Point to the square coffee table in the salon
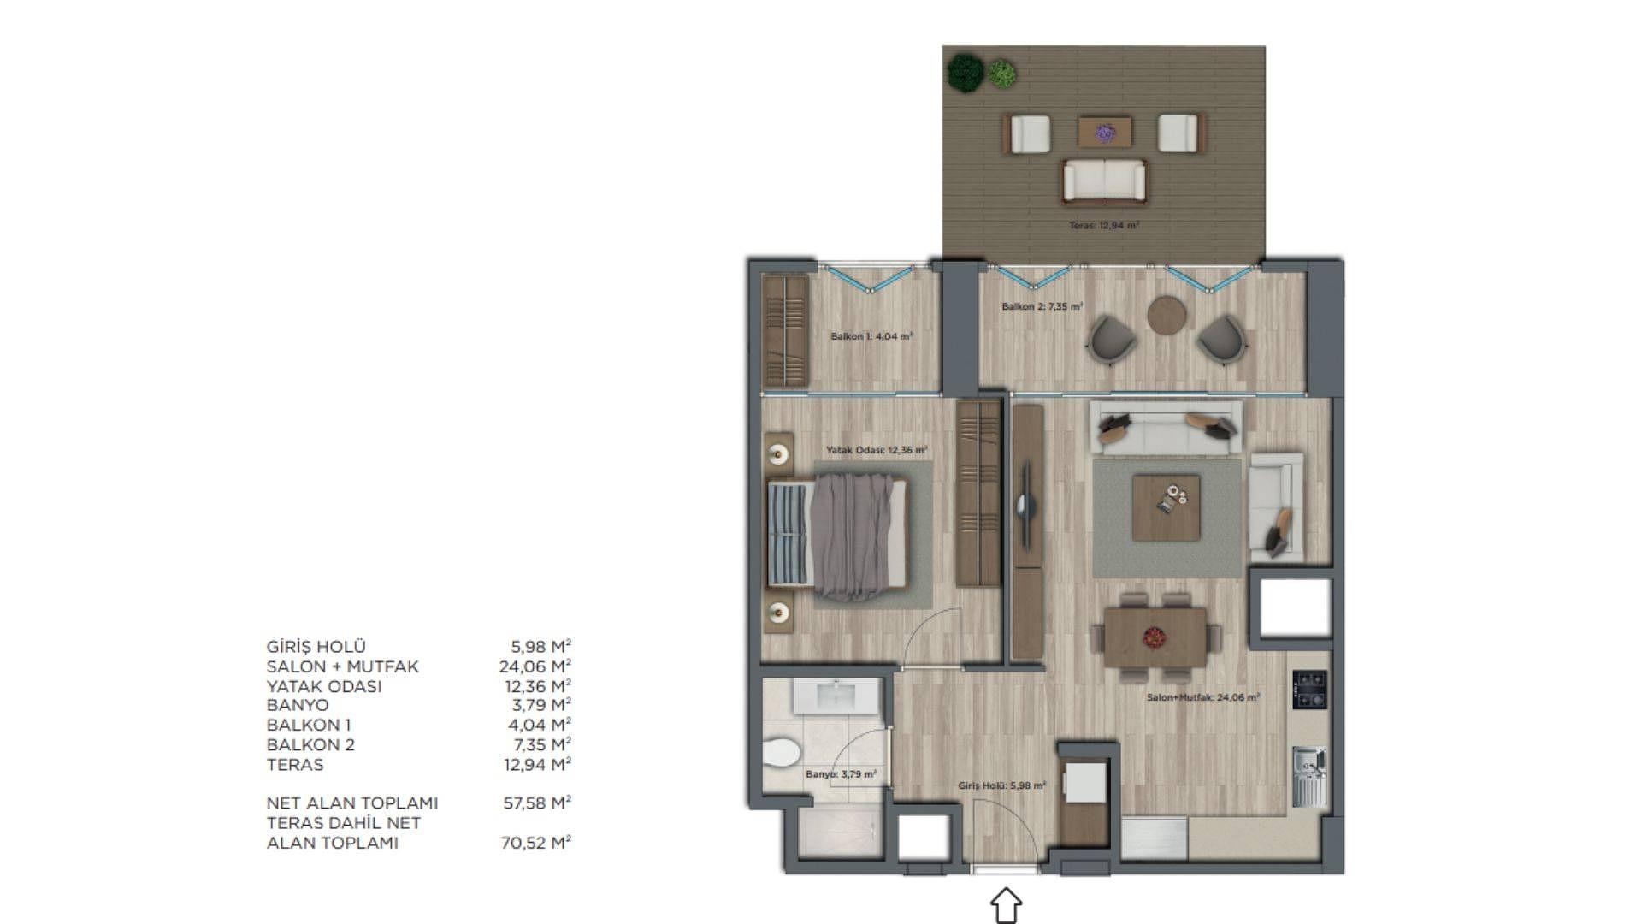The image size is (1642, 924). click(x=1166, y=508)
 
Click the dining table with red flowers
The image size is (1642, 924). click(x=1155, y=637)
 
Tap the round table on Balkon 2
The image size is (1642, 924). click(x=1167, y=316)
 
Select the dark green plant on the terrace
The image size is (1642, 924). click(x=966, y=73)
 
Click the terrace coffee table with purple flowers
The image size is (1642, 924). click(x=1105, y=132)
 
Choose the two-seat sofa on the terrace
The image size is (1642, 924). click(x=1104, y=181)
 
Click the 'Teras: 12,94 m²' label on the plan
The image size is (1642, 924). click(x=1104, y=226)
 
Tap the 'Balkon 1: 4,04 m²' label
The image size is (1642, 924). click(x=871, y=336)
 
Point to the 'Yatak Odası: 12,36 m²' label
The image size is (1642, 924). click(x=877, y=449)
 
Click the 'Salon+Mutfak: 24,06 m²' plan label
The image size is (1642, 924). click(x=1203, y=697)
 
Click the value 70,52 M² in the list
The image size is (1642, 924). click(x=535, y=843)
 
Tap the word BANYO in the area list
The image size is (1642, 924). click(x=298, y=705)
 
